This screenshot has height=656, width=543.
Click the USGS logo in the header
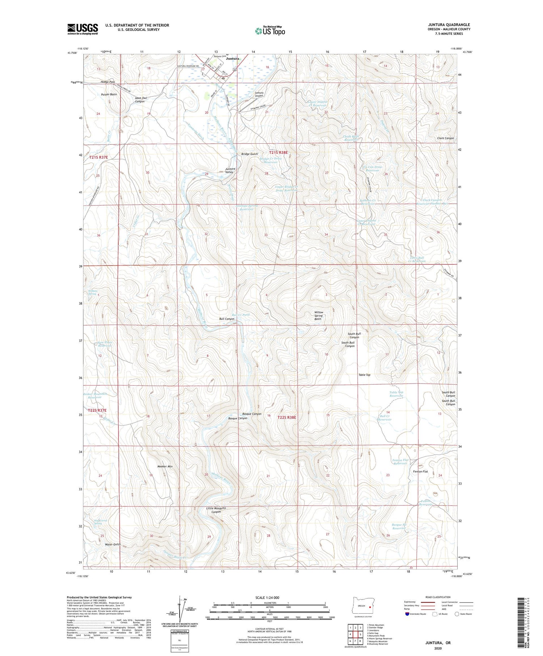click(x=83, y=29)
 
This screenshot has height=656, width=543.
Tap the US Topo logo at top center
click(x=270, y=31)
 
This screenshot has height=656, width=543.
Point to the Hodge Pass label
click(x=108, y=82)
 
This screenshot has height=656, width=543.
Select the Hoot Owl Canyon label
click(x=140, y=100)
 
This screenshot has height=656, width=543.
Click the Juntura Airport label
click(x=259, y=94)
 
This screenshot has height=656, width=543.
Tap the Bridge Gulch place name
click(x=249, y=154)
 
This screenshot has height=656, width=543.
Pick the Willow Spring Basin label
click(x=319, y=316)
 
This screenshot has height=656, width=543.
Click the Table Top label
click(x=364, y=375)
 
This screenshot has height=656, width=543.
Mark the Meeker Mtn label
click(x=165, y=466)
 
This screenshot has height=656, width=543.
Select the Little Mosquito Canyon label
click(x=216, y=510)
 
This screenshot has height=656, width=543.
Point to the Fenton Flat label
click(x=420, y=471)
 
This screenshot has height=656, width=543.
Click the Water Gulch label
click(x=113, y=544)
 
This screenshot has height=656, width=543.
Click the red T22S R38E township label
click(x=287, y=417)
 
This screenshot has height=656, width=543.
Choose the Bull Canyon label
click(x=227, y=319)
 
